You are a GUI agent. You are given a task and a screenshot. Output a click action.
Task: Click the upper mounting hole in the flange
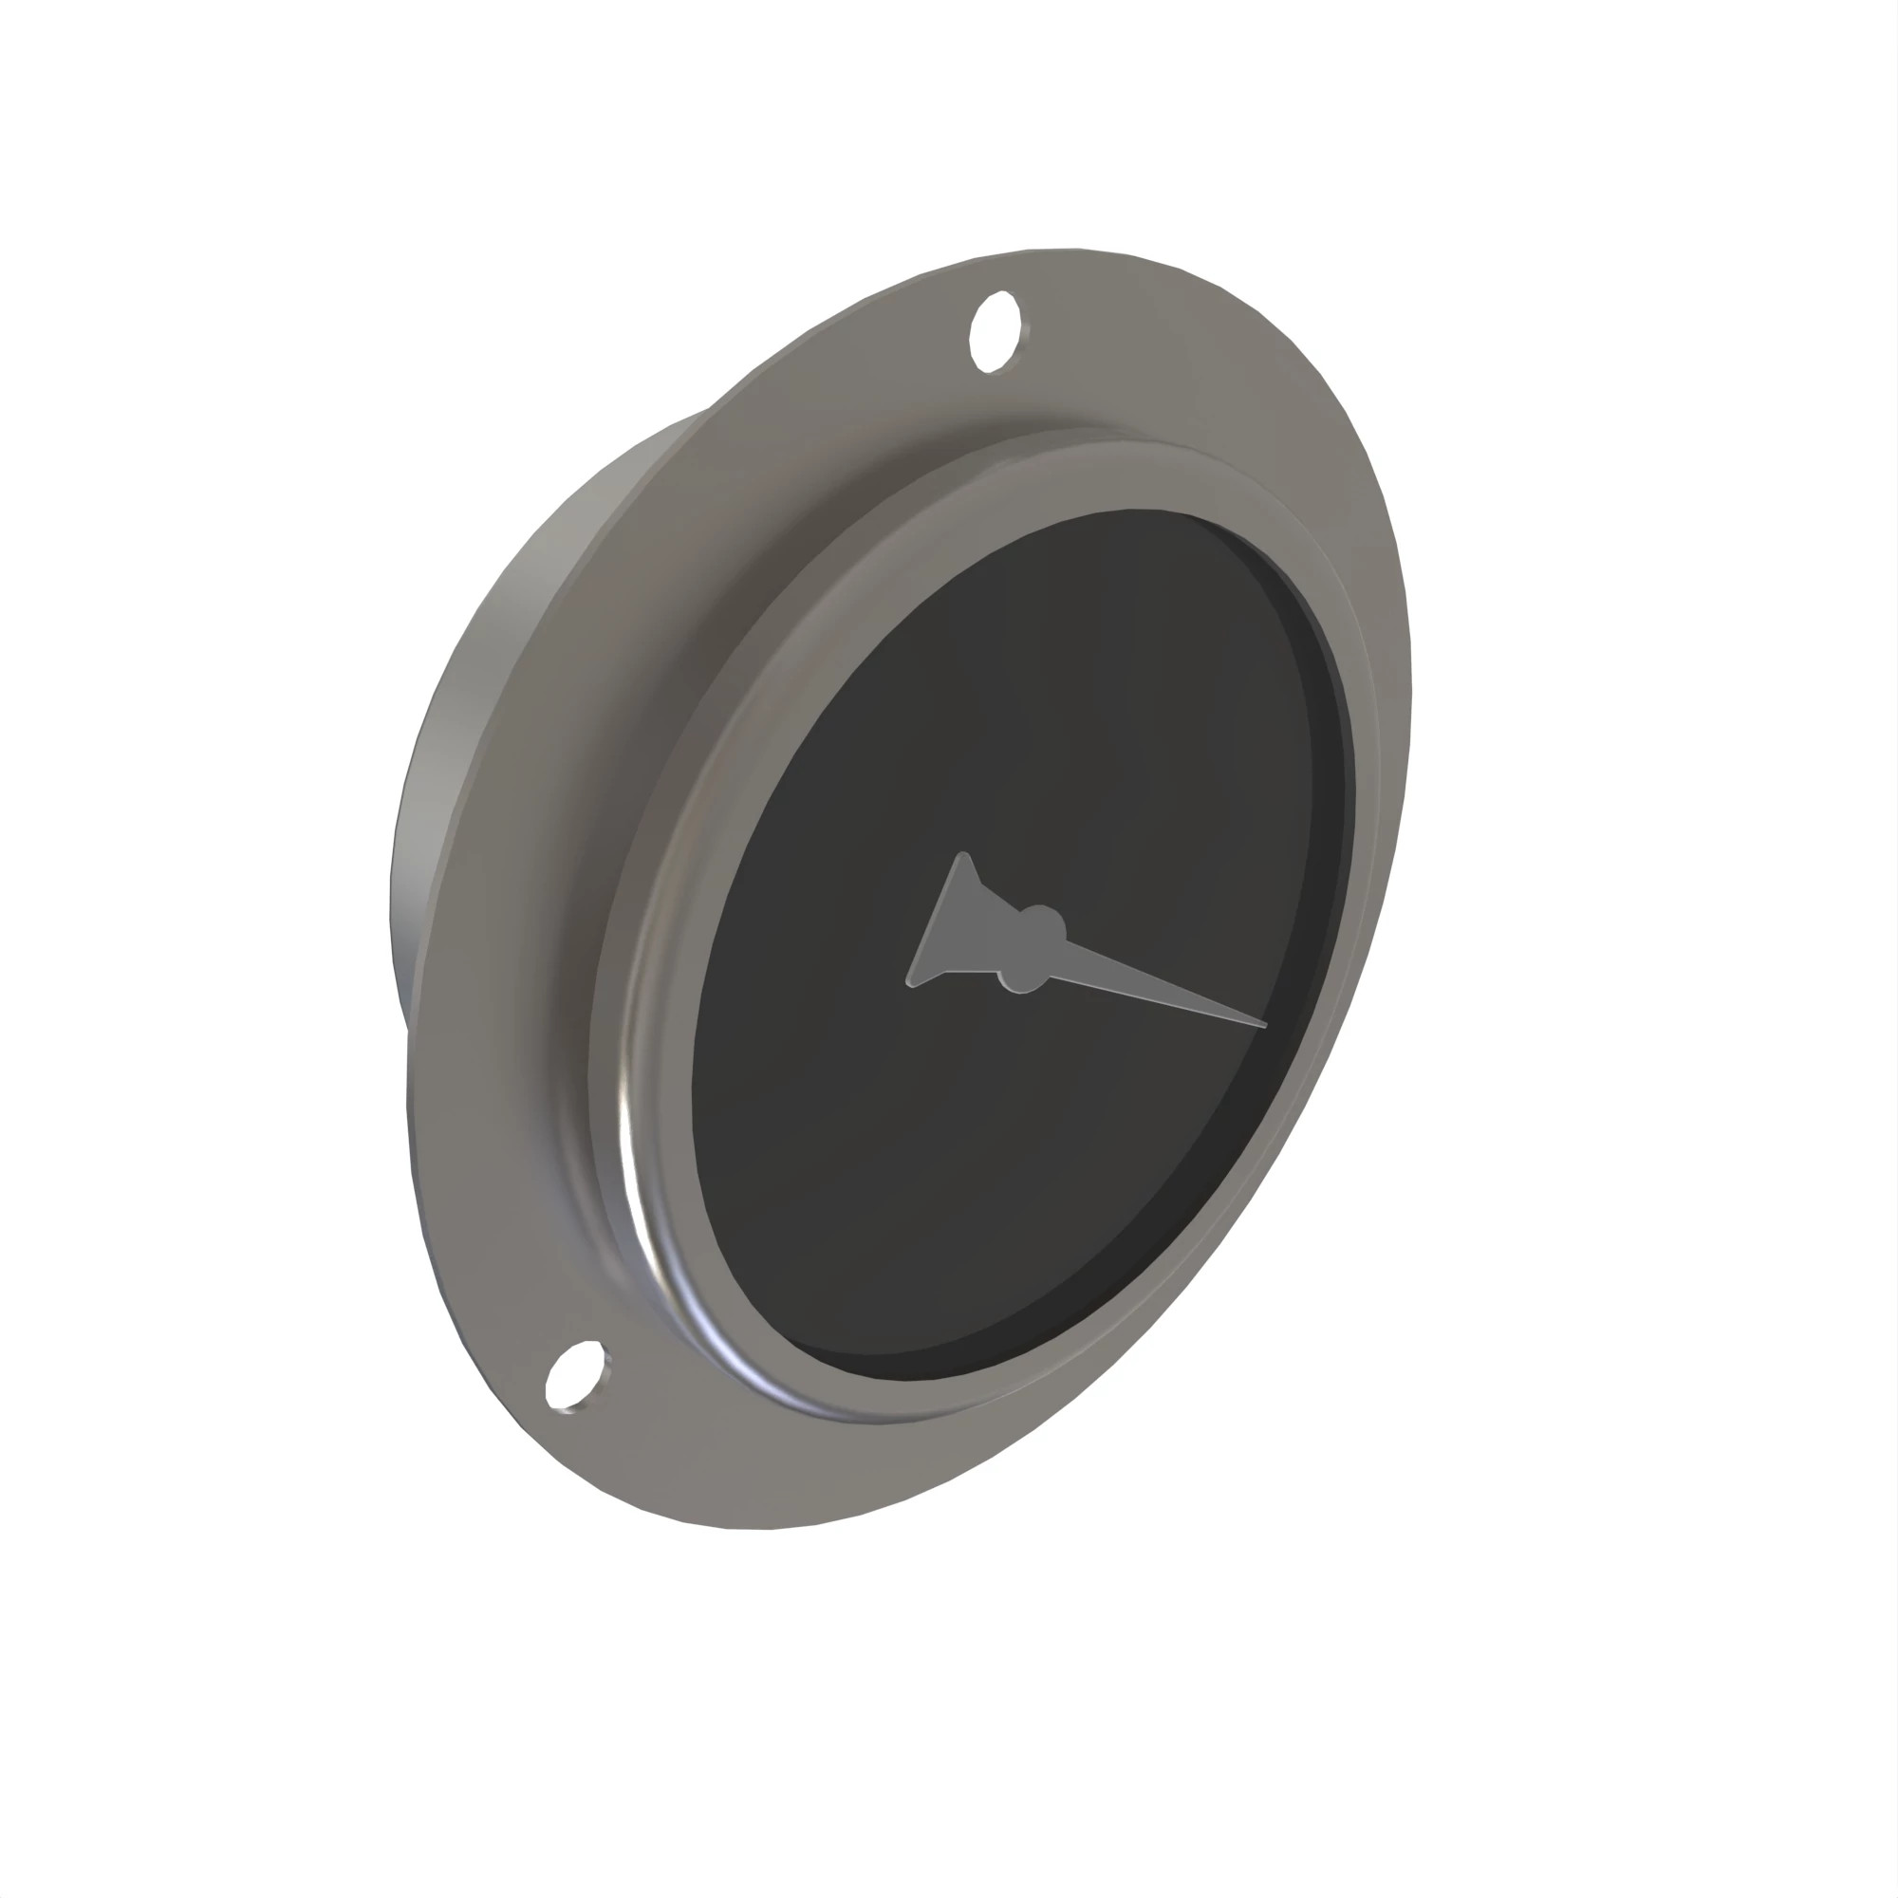993,332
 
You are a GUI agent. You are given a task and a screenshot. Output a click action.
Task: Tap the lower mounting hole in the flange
574,1377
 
